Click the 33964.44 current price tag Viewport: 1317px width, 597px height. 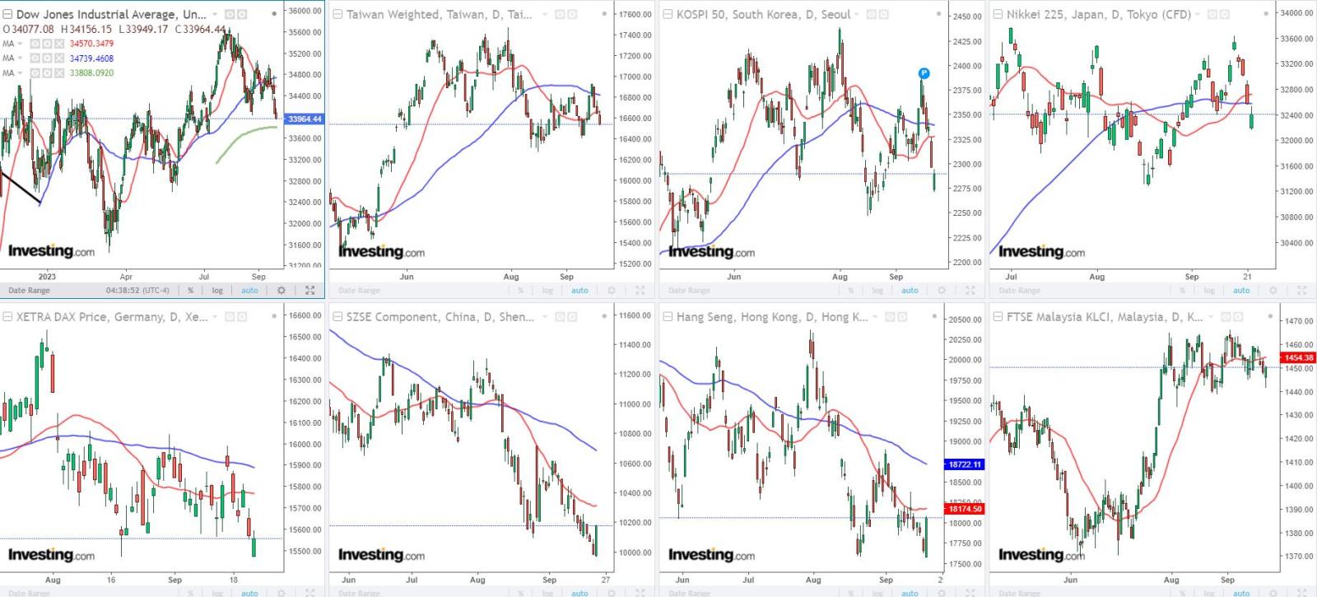pos(305,119)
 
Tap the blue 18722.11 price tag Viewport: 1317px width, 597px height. pos(964,464)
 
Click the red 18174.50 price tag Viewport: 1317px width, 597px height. pos(964,509)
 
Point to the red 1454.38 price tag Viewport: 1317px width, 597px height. pos(1298,357)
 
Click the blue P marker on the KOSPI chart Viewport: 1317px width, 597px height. pos(924,73)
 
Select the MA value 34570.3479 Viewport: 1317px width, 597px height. pos(91,44)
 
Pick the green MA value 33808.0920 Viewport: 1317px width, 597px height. pos(91,73)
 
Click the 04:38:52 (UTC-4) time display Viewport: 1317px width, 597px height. pos(137,290)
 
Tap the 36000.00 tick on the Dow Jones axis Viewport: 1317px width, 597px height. pos(305,11)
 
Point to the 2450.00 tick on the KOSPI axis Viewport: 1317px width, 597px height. pos(967,16)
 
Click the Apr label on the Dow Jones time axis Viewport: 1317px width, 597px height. pos(126,277)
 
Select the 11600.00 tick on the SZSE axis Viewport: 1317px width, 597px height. pos(635,315)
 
